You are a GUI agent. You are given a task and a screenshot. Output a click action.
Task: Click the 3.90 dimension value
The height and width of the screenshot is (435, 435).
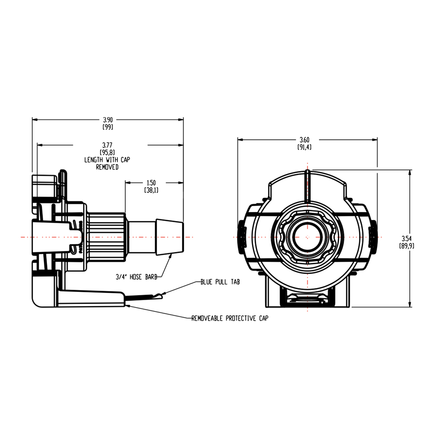(107, 119)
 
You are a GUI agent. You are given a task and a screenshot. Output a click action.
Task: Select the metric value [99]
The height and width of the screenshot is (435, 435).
(107, 127)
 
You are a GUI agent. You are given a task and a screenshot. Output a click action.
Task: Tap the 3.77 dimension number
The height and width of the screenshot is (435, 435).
(107, 144)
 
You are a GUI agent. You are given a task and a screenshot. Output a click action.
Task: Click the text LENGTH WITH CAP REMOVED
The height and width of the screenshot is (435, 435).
(107, 163)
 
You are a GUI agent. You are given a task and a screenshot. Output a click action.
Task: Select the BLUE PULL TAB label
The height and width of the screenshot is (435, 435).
(220, 282)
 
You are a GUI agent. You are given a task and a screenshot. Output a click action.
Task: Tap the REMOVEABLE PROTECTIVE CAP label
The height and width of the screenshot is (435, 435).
(230, 318)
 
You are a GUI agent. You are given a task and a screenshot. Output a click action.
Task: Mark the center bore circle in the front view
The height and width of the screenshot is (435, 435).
(307, 237)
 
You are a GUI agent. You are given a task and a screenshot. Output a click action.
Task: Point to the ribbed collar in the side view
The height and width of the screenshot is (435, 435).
(107, 237)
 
